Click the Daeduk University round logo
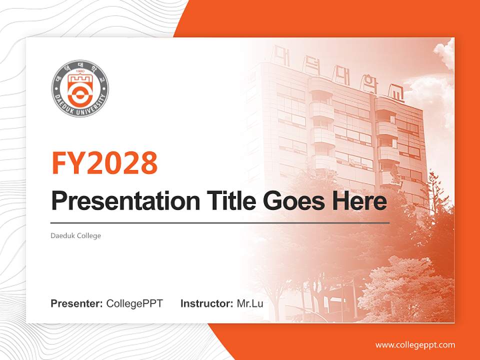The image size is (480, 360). (80, 88)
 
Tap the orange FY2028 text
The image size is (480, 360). (104, 163)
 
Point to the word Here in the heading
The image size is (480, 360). (362, 201)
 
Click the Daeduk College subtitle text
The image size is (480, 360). (76, 235)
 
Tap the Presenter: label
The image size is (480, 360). (77, 303)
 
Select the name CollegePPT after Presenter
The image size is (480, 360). (134, 303)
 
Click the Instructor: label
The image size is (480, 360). (206, 303)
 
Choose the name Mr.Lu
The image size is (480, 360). (250, 303)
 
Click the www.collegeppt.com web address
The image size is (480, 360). (415, 344)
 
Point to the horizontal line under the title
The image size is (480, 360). (220, 222)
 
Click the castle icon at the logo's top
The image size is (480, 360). (80, 79)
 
